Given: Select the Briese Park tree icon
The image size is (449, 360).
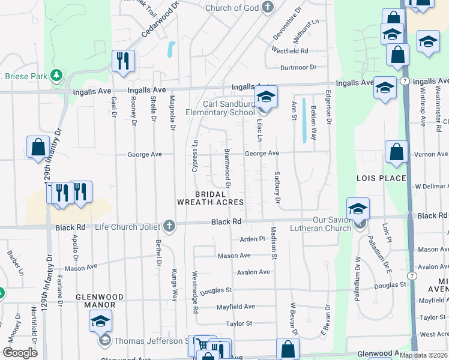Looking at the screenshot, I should pos(56,76).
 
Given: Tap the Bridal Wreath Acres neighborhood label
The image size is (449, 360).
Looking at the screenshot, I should pos(211,198).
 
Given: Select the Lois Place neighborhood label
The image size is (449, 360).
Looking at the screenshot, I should pos(381,179).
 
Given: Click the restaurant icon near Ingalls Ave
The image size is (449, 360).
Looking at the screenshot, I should pos(123,61).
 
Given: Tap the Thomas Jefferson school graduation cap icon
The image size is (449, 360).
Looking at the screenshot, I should pos(101,322).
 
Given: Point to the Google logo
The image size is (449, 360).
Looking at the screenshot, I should pos(20,352).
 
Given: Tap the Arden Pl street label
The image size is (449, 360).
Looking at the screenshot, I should pos(252,239).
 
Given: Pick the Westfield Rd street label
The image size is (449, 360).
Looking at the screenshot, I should pos(289,51).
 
